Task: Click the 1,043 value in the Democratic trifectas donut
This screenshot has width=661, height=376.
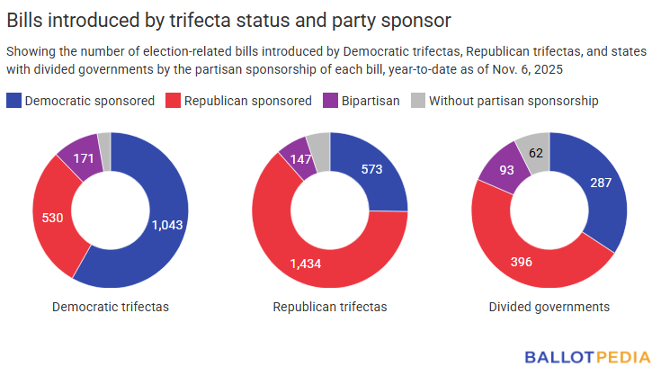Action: (x=168, y=225)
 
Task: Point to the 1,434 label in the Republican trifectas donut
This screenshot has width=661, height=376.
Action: (x=308, y=263)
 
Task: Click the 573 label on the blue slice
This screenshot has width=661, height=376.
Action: (x=372, y=171)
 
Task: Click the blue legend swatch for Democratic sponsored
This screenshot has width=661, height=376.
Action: (x=13, y=101)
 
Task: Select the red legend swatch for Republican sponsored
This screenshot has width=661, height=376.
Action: (x=173, y=101)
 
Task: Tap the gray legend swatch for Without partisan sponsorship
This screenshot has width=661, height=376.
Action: (x=417, y=101)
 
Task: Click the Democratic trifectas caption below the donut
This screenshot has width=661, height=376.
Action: (x=111, y=307)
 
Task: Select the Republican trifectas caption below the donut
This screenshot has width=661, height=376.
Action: (x=330, y=307)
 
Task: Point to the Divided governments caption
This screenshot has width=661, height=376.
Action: (x=549, y=307)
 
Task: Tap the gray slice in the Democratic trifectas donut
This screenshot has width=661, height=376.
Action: (x=104, y=139)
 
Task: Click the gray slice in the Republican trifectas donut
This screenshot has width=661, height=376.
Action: (x=318, y=141)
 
